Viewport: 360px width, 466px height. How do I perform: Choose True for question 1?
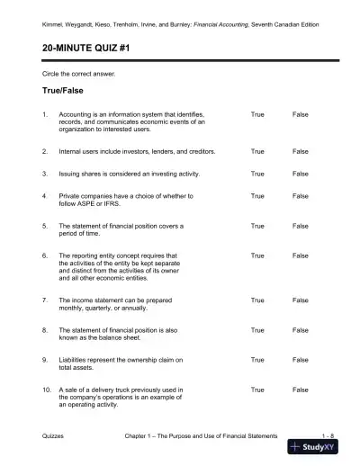[257, 115]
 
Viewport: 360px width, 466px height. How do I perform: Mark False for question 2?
[301, 151]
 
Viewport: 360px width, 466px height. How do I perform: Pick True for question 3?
[257, 173]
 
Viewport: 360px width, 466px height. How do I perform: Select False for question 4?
[301, 195]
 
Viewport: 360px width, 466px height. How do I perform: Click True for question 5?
[257, 225]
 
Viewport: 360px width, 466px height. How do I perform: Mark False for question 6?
[301, 255]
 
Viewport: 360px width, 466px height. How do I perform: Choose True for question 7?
[257, 299]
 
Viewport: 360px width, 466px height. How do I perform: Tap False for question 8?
[301, 329]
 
